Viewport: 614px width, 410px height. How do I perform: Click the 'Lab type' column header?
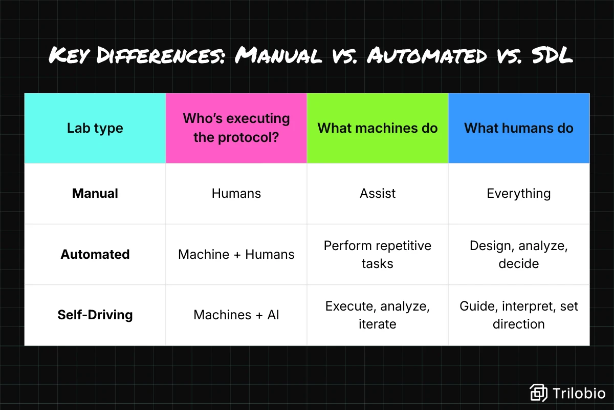coord(95,128)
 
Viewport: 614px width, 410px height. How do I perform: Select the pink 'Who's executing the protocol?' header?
coord(236,128)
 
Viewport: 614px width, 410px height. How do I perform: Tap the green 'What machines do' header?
coord(378,128)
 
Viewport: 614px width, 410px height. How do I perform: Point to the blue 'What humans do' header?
coord(519,128)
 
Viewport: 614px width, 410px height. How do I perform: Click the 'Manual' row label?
coord(95,194)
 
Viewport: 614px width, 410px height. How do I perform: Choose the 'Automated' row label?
coord(95,254)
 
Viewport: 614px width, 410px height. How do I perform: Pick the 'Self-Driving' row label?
coord(95,315)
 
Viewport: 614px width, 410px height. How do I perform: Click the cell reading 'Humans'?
coord(236,194)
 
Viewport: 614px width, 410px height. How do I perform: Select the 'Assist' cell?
coord(378,194)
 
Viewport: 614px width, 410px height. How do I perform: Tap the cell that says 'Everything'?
coord(519,194)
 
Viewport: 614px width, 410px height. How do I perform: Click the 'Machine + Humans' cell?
coord(236,254)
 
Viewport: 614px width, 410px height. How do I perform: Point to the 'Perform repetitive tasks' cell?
coord(378,254)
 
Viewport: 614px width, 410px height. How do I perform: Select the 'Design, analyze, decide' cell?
coord(519,254)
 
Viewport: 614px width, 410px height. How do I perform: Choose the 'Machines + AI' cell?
coord(236,315)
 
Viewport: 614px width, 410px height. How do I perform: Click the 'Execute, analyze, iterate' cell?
coord(378,315)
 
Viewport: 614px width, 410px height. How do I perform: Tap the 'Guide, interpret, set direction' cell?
coord(519,315)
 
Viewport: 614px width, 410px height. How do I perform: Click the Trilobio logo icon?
coord(538,393)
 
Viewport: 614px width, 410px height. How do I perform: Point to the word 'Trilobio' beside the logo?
coord(579,393)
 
